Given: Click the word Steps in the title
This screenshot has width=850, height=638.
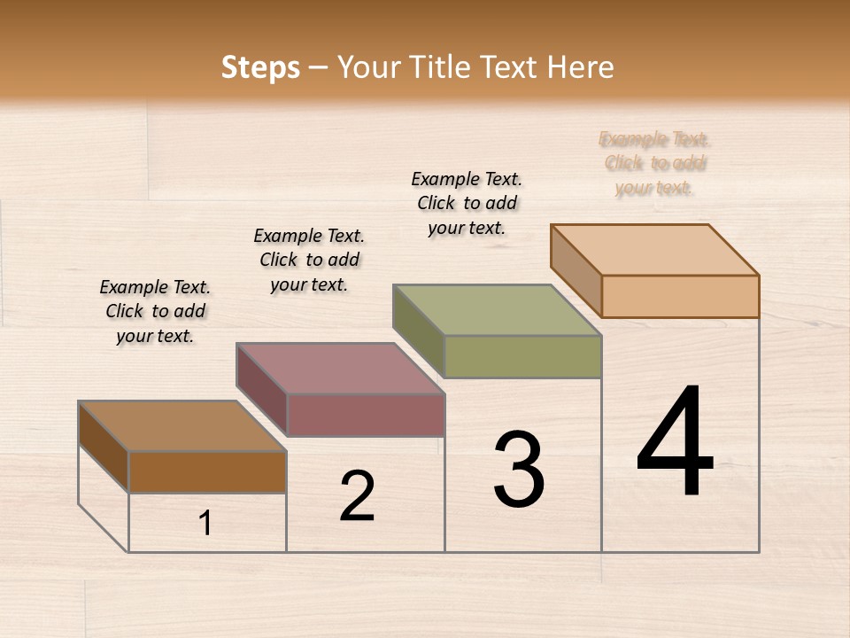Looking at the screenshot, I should [260, 67].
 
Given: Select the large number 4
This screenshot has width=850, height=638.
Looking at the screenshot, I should [675, 444].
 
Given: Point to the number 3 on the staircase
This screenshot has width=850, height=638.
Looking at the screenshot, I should [518, 470].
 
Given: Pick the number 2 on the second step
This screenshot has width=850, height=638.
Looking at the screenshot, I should [357, 496].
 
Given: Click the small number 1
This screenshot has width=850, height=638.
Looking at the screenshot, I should [205, 523].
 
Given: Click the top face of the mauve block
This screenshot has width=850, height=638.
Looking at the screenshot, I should [340, 369].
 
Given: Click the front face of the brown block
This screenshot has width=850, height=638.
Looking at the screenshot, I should [208, 471].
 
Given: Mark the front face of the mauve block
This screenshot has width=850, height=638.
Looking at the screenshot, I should [366, 415].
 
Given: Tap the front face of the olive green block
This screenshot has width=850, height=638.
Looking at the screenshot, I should [522, 356].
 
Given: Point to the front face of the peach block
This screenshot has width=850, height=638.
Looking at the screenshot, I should [680, 296].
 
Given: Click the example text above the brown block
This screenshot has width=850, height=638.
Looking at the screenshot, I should [155, 311].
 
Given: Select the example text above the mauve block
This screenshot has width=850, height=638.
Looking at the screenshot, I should [309, 260].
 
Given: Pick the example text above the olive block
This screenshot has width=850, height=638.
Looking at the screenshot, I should [467, 203].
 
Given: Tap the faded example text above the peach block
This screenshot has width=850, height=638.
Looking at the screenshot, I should [654, 163].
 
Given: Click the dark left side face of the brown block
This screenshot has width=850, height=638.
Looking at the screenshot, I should [104, 446].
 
